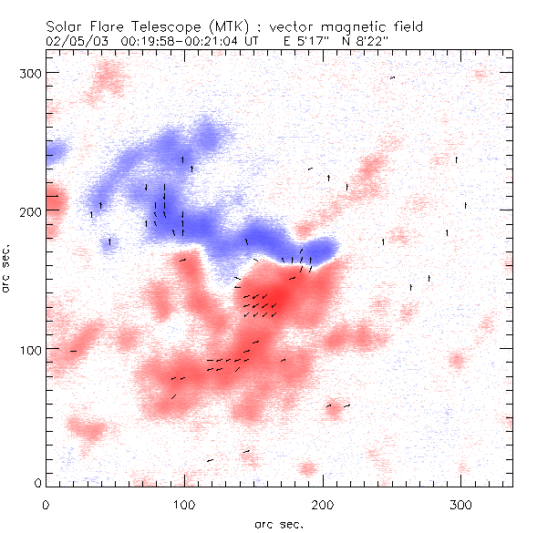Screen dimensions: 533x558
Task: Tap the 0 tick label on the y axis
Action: pyautogui.click(x=37, y=482)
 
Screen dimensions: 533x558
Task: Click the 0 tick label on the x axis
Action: pyautogui.click(x=46, y=503)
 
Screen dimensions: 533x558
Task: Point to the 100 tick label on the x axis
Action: pyautogui.click(x=184, y=503)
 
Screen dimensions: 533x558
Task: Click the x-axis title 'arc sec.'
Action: pyautogui.click(x=279, y=524)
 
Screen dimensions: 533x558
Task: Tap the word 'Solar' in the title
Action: pyautogui.click(x=65, y=26)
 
